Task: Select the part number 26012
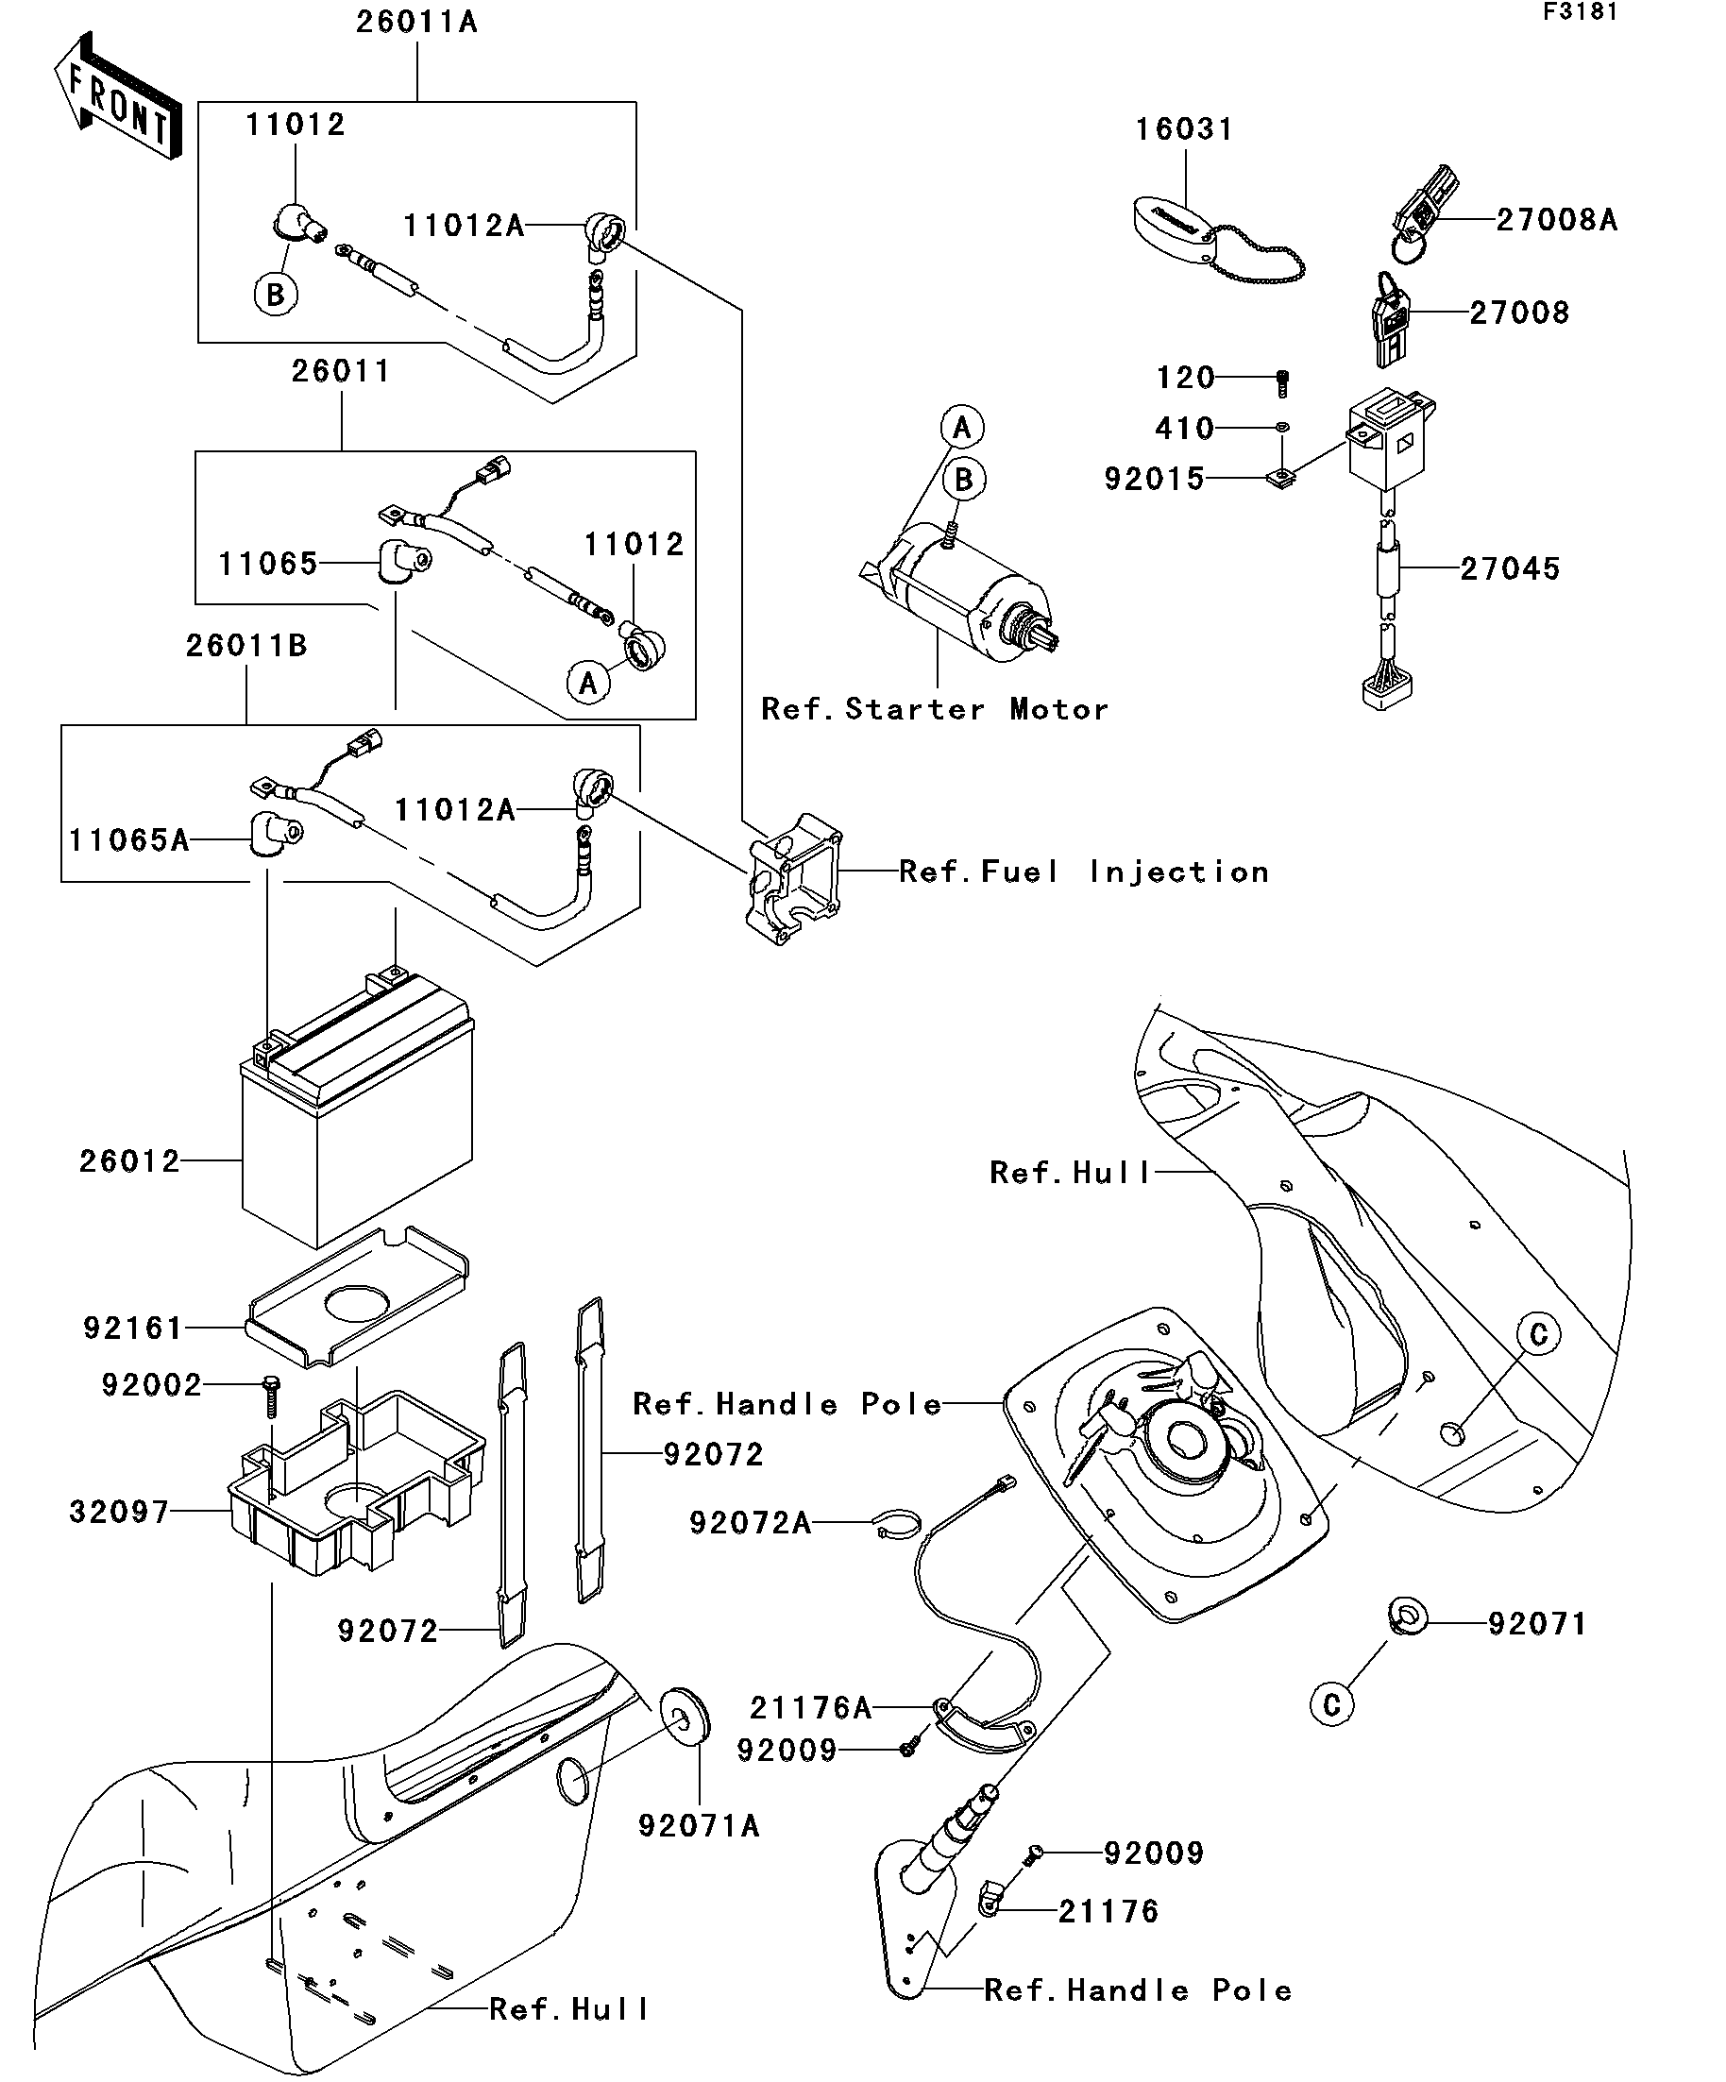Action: (x=130, y=1161)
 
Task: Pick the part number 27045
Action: (x=1510, y=569)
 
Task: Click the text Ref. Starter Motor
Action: (x=934, y=710)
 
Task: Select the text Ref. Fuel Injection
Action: (x=1084, y=872)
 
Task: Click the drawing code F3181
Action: (x=1580, y=13)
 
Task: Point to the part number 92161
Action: (x=134, y=1328)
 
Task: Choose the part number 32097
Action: (x=120, y=1511)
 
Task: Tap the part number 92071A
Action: (x=699, y=1826)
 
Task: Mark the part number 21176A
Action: (x=811, y=1708)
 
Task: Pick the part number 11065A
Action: (x=128, y=840)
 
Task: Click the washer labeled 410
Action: (x=1282, y=428)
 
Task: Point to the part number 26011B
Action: (x=246, y=647)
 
